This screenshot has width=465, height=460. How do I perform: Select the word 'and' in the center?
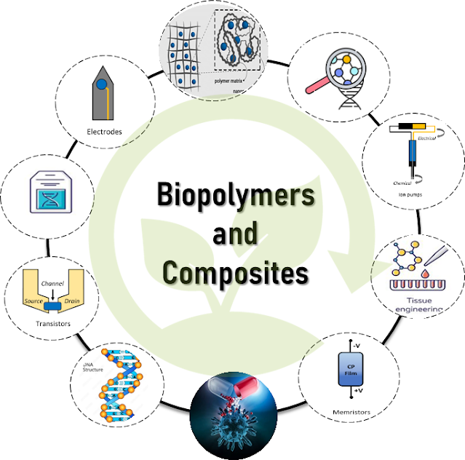point(234,234)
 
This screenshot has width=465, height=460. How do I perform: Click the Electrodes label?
point(103,132)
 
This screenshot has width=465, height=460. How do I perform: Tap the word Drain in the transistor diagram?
point(71,300)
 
